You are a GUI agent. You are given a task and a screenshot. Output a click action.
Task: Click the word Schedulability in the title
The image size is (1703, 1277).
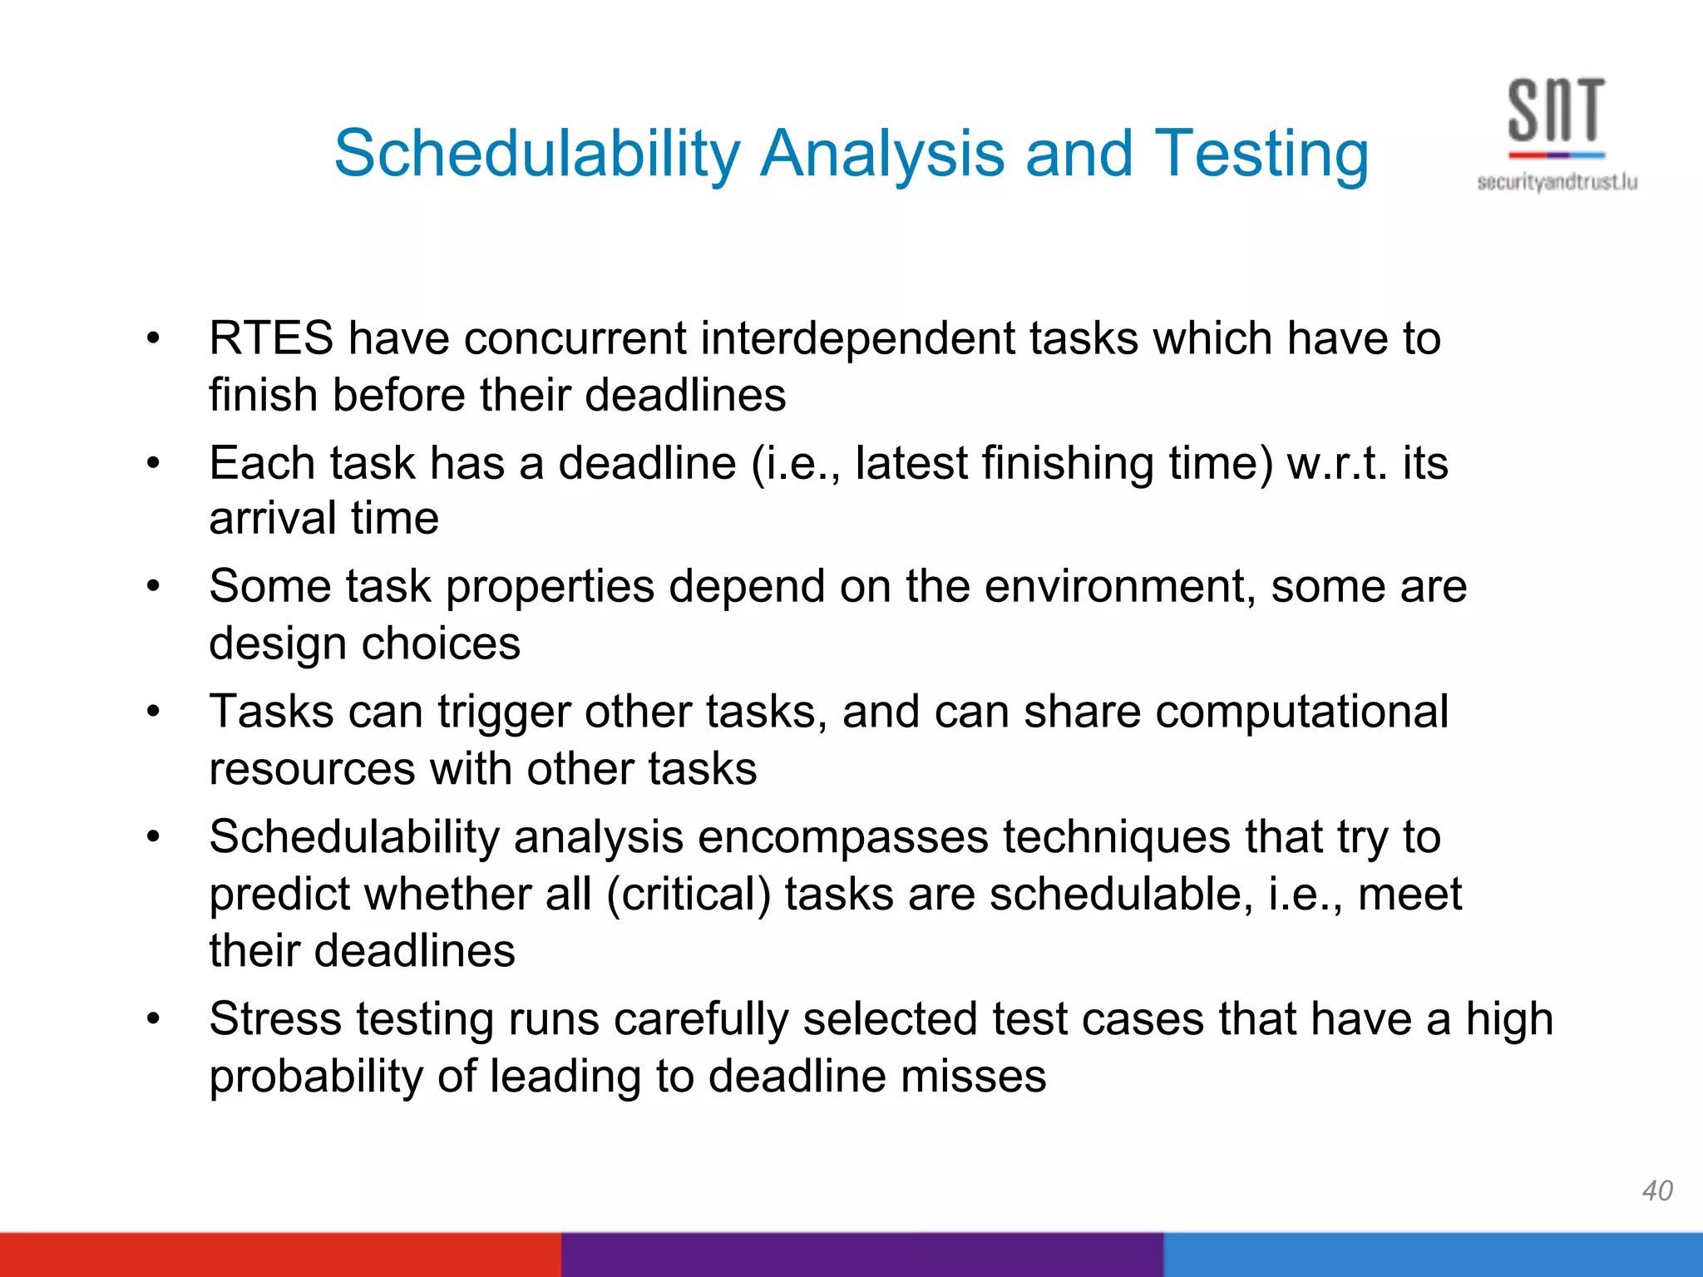coord(536,155)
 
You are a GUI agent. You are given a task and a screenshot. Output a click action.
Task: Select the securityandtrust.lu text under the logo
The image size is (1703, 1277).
coord(1557,182)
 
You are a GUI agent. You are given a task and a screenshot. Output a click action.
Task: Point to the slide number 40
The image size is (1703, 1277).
coord(1656,1191)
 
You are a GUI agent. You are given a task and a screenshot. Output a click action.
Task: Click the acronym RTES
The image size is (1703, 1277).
coord(271,339)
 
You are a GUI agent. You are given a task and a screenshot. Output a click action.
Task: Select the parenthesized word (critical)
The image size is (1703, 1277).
coord(689,895)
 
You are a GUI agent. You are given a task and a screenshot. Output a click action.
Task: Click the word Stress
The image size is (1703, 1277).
coord(275,1019)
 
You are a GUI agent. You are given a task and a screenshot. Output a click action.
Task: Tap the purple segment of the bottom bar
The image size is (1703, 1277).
coord(861,1255)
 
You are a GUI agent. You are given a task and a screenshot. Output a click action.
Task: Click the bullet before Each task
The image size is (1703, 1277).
coord(152,464)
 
